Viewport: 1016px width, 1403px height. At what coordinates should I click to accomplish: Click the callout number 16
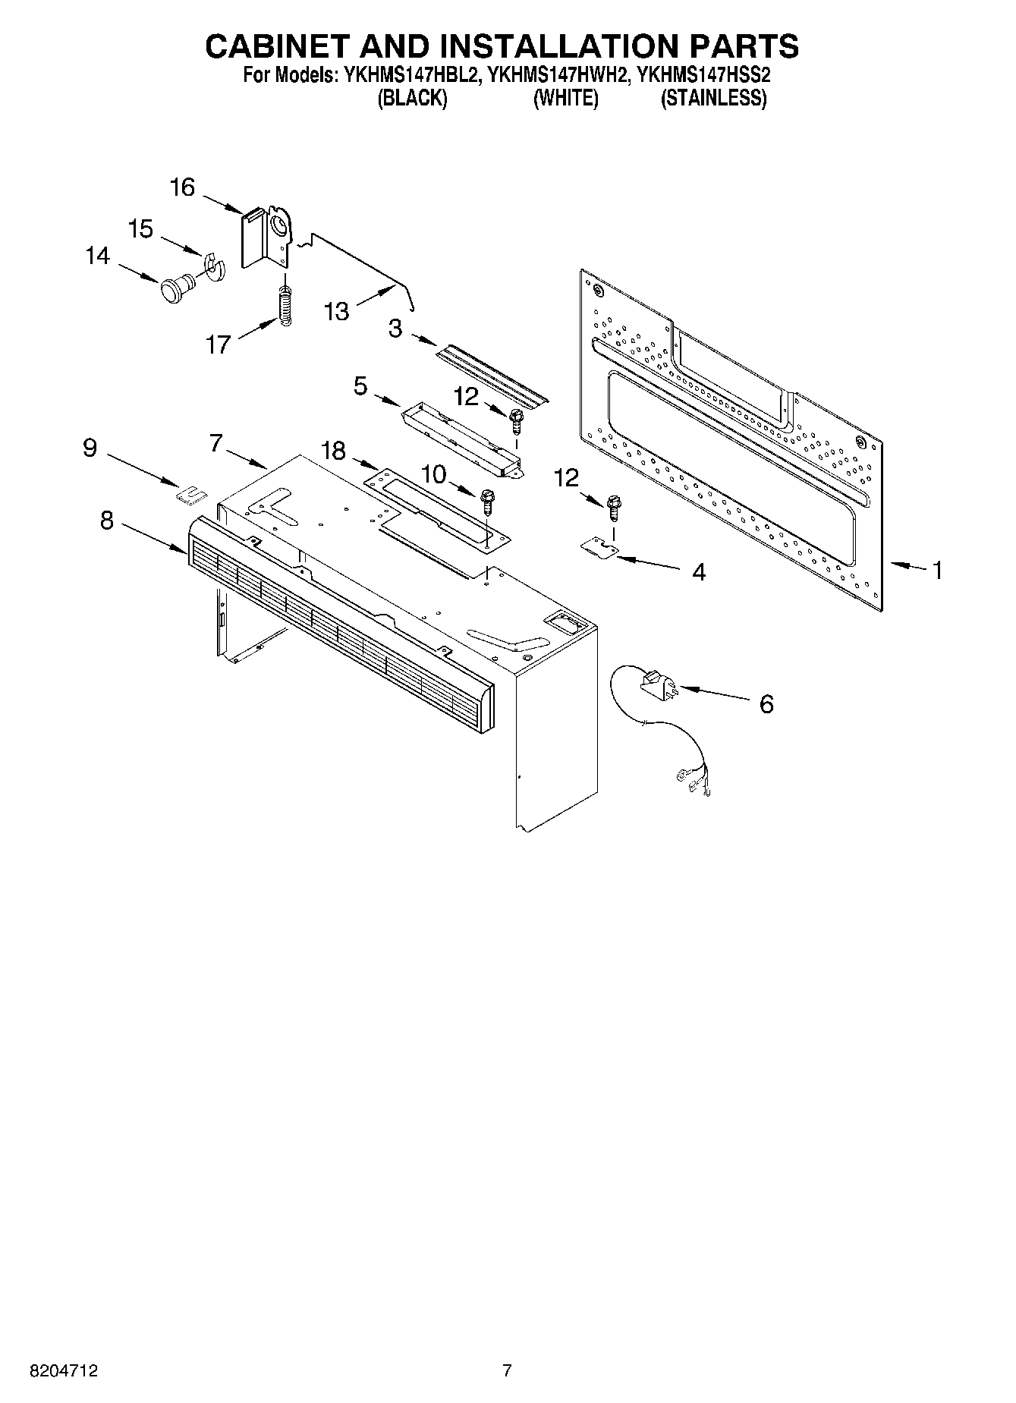(x=182, y=187)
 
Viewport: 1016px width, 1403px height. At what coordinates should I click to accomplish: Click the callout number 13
(x=336, y=311)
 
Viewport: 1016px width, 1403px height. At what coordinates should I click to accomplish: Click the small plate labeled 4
(x=599, y=548)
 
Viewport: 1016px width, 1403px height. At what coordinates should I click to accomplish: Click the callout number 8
(x=106, y=521)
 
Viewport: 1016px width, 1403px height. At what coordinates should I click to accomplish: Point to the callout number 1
(x=937, y=570)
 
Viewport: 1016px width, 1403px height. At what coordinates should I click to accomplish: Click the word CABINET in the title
(x=278, y=46)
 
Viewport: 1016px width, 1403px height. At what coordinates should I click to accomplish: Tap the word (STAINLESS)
(x=713, y=99)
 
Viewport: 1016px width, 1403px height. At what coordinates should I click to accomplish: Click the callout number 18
(x=333, y=451)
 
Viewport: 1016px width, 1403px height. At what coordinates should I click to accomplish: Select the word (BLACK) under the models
(x=412, y=99)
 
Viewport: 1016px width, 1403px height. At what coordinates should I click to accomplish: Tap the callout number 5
(x=360, y=385)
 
